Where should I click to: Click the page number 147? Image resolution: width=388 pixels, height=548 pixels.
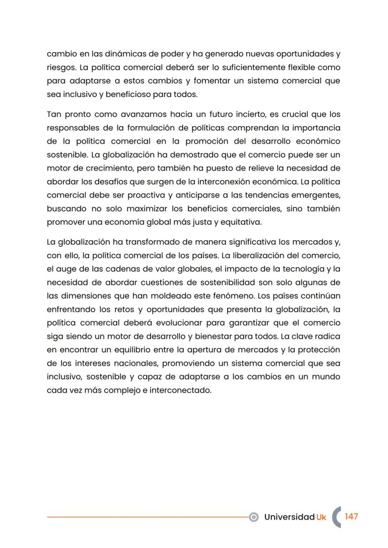(351, 517)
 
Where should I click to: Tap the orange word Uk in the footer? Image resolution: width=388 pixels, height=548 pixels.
(321, 517)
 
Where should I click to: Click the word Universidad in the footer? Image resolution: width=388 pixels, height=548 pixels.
(289, 517)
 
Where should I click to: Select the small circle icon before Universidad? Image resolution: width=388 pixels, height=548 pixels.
(254, 517)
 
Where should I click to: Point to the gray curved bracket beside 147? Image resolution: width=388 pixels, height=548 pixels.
(336, 517)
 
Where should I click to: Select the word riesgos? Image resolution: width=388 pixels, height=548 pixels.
(60, 68)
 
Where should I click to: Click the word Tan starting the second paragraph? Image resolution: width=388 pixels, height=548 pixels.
(54, 114)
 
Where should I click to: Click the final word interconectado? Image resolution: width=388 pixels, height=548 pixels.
(180, 390)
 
